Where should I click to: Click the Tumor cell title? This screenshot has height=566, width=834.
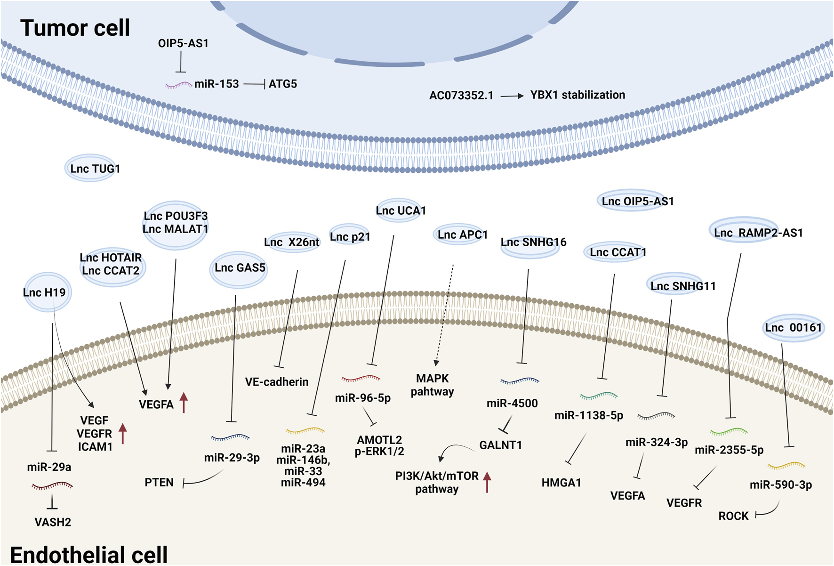[x=75, y=28]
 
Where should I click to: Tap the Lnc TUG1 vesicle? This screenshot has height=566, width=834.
[x=93, y=169]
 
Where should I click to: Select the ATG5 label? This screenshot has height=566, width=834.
[x=282, y=84]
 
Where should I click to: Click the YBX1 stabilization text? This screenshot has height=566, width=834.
[x=577, y=95]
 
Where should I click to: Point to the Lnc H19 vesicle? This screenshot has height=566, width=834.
[x=47, y=292]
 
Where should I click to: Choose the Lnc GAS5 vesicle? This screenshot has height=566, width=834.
[x=239, y=268]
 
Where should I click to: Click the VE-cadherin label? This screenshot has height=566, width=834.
[x=277, y=382]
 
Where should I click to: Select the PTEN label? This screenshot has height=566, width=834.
[x=159, y=483]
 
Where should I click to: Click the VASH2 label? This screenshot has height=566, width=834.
[x=53, y=522]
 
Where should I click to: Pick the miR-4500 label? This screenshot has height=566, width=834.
[x=512, y=404]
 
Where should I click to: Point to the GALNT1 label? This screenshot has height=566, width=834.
[x=500, y=445]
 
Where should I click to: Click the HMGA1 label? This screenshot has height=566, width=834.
[x=561, y=483]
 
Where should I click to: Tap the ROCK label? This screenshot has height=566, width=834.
[x=733, y=516]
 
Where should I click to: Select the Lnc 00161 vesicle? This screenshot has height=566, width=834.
[x=793, y=328]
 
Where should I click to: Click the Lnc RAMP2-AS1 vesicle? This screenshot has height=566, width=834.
[x=744, y=231]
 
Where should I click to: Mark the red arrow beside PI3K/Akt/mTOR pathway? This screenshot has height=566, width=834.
[x=487, y=482]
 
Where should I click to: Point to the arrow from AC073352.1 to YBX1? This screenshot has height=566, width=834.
[x=512, y=96]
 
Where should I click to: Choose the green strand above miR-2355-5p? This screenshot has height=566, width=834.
[x=729, y=431]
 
